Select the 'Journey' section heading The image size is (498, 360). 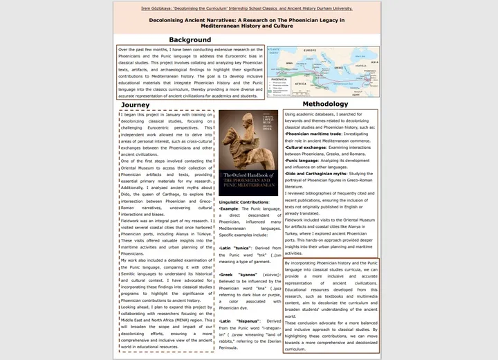point(135,105)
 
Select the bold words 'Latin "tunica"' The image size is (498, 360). point(236,247)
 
